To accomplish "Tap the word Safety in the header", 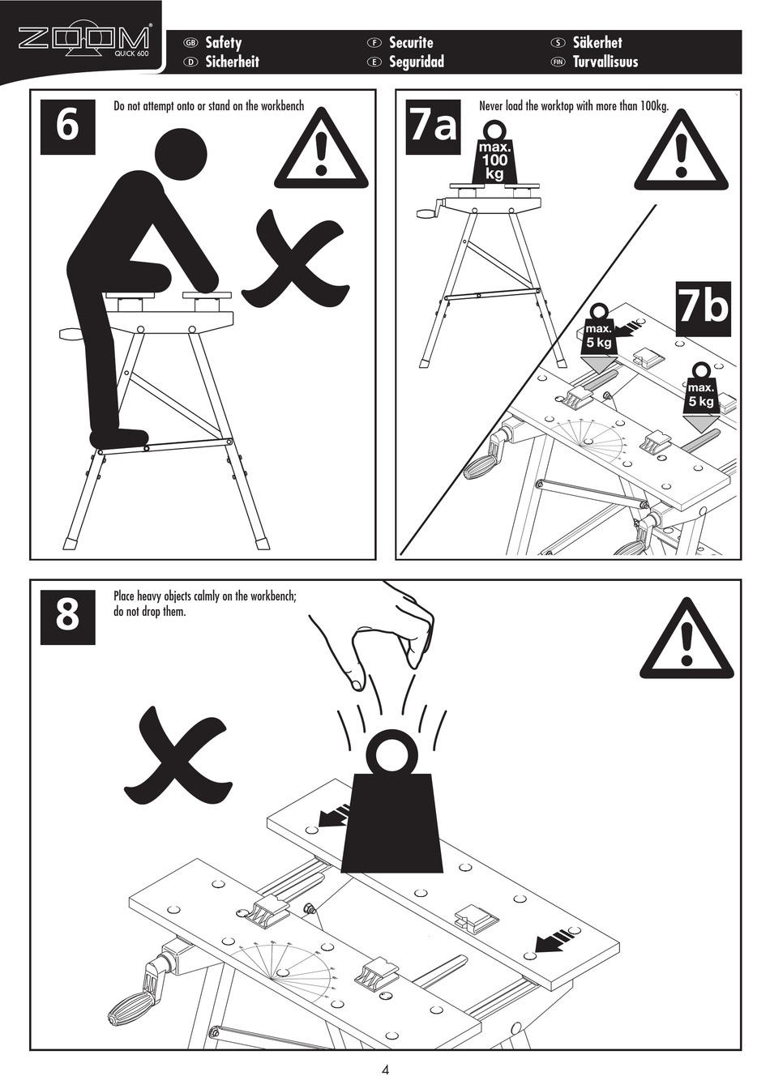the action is (x=223, y=42).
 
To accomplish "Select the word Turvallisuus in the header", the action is (x=605, y=62).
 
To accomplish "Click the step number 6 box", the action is (x=68, y=126).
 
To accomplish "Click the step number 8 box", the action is (x=68, y=617).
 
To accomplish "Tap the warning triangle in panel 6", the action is (x=322, y=149).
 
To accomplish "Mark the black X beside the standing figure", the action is (x=295, y=258).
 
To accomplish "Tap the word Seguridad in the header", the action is (x=417, y=62).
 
